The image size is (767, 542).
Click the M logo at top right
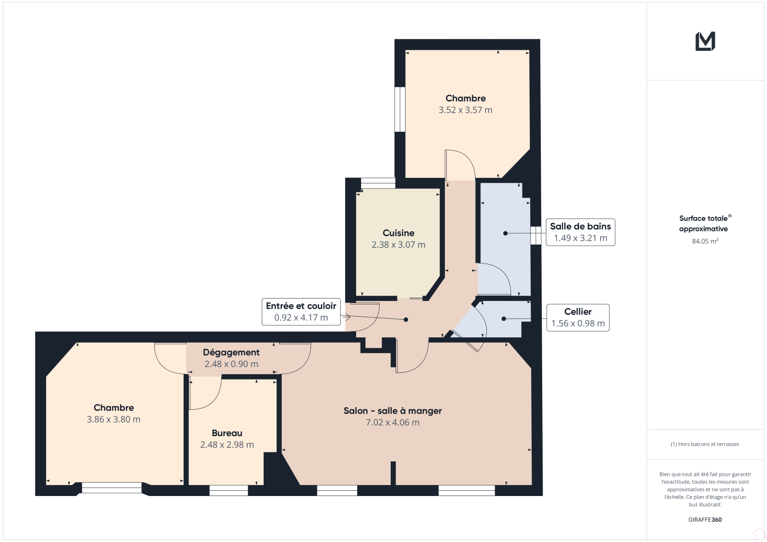705,41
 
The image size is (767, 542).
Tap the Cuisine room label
398,233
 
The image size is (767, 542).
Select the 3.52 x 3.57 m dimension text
465,110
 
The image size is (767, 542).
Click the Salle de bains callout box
581,232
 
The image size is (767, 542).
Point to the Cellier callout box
578,317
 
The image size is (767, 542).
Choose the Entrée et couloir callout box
301,311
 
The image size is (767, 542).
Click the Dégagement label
231,352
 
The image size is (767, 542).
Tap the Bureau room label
227,433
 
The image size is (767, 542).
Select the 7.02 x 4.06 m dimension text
393,422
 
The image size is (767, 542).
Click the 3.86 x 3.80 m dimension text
114,419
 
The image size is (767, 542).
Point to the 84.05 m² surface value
705,241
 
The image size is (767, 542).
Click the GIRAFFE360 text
705,519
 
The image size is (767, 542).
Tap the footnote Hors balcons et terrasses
705,444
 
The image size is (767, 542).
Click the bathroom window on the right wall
536,236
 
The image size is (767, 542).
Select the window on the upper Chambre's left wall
400,109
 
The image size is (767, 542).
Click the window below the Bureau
229,490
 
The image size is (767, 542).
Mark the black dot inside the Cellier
504,319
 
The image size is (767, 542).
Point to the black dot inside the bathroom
505,233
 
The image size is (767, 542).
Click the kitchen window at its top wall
378,183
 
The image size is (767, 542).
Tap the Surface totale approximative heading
705,223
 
